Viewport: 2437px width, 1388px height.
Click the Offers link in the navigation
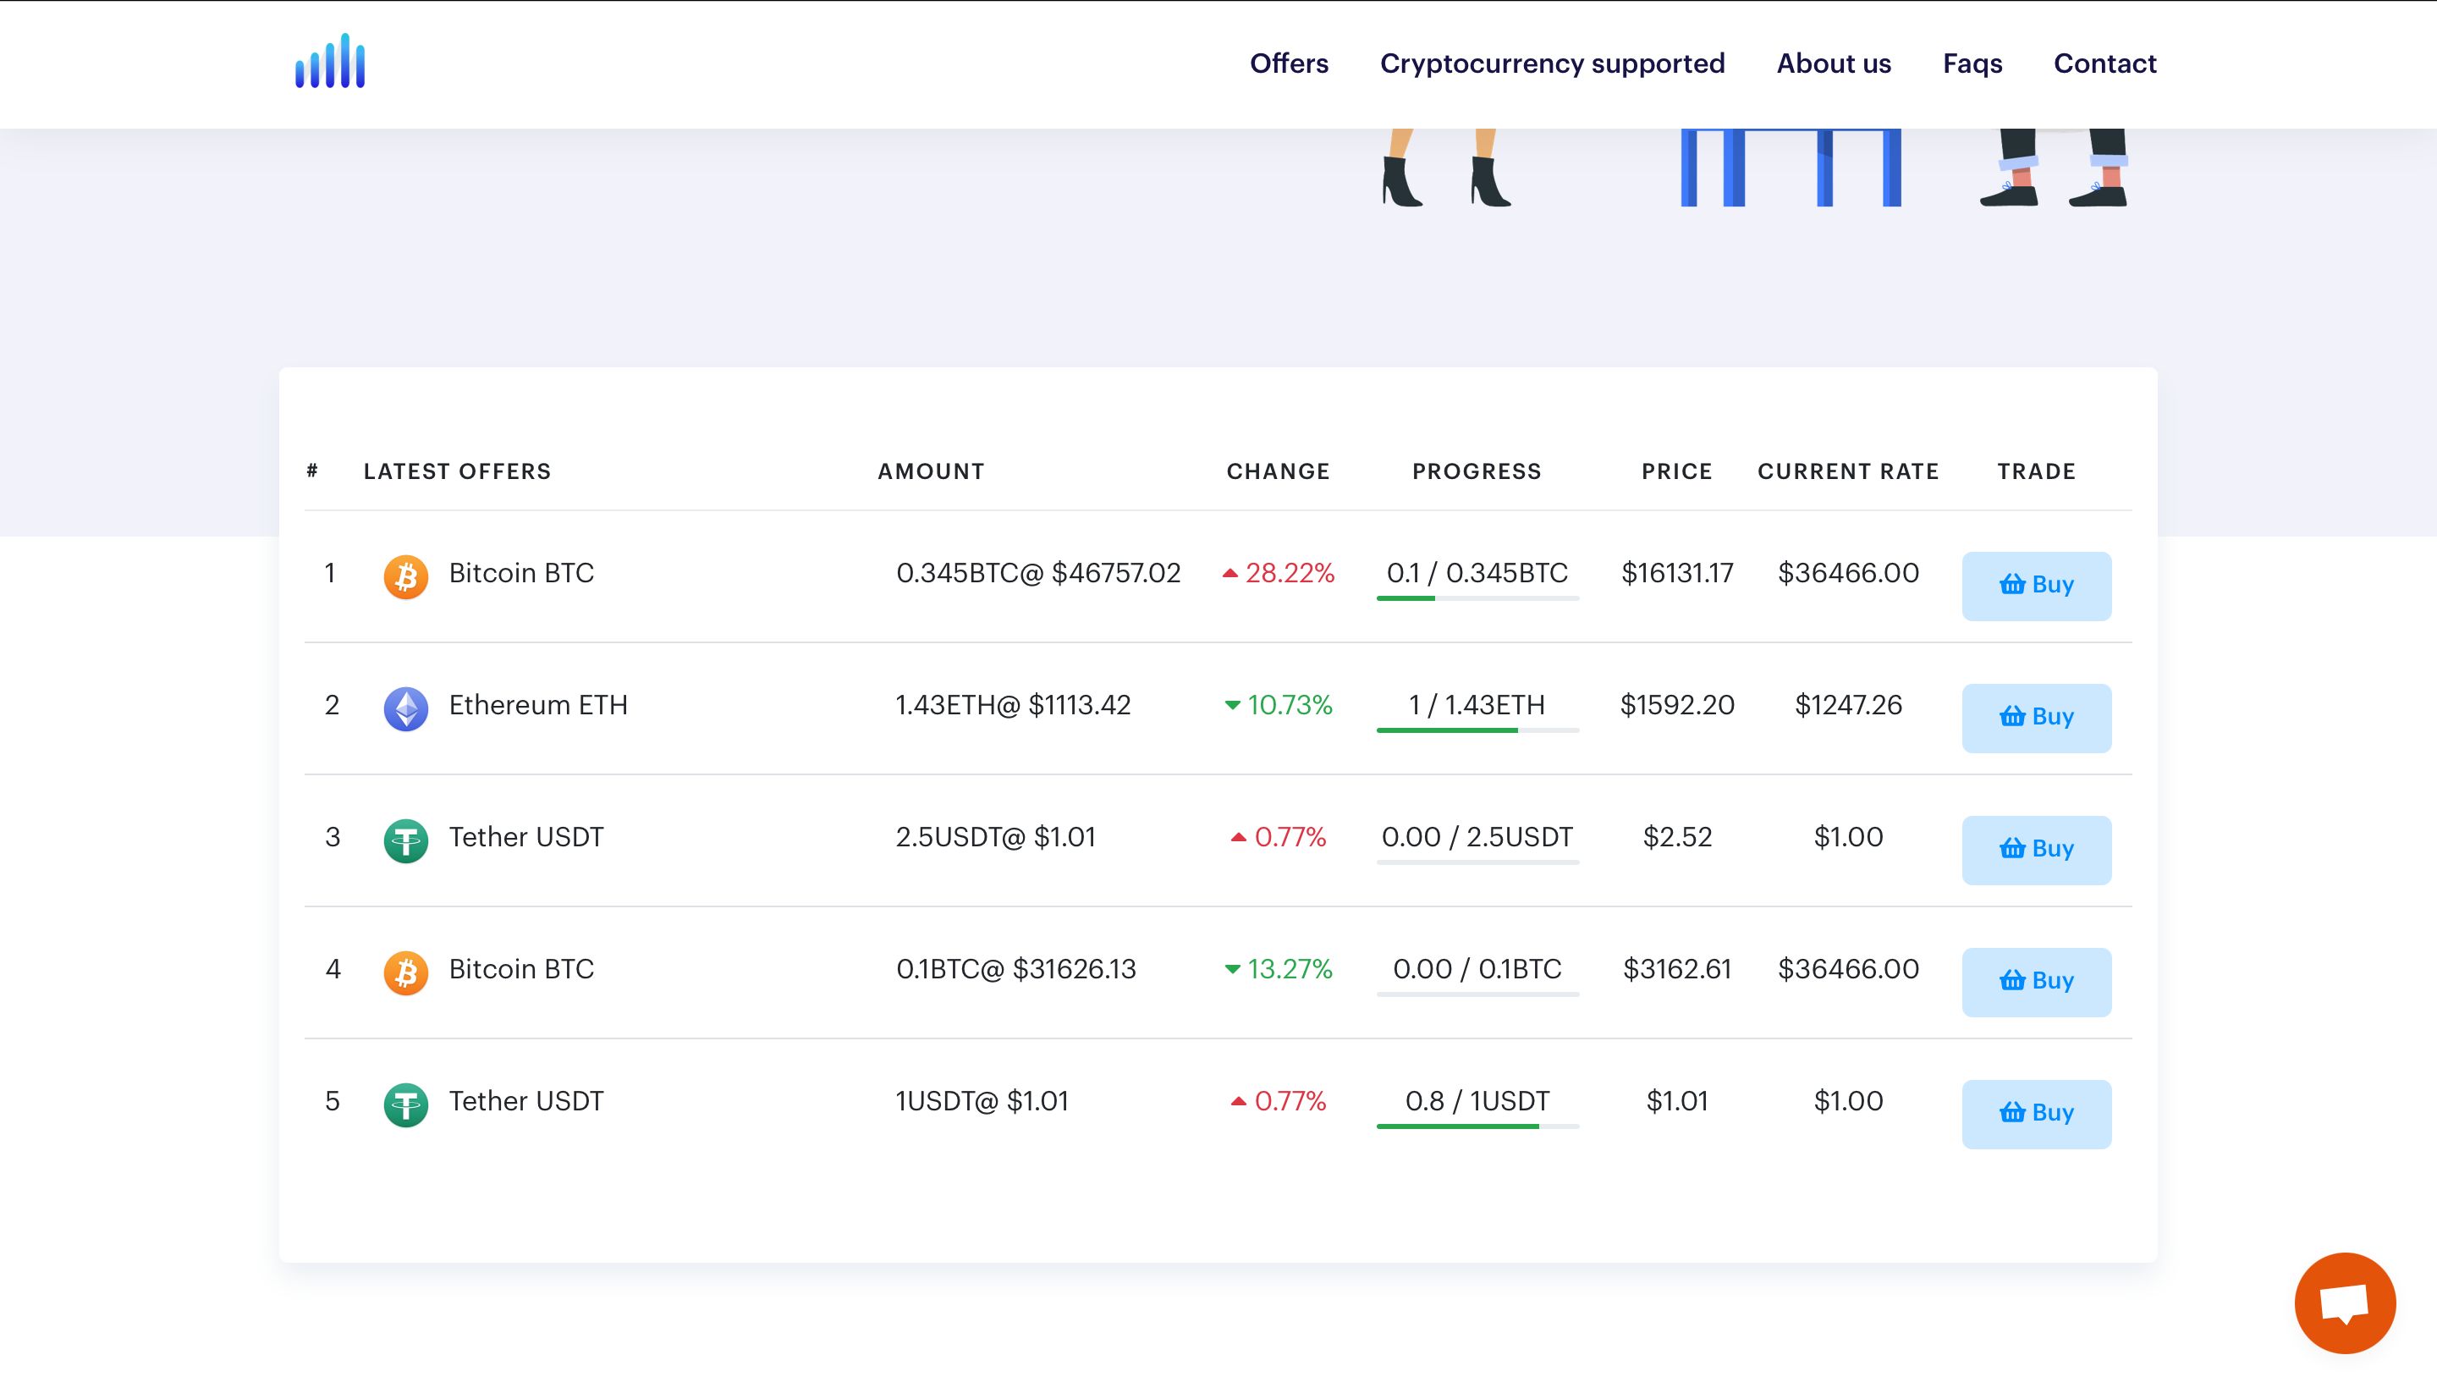(1289, 63)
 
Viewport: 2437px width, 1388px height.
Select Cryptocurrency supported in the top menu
(1552, 63)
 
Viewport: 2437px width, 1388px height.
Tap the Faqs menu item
(1972, 63)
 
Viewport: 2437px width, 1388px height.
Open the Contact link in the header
(2104, 63)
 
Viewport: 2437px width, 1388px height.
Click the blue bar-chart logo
(330, 62)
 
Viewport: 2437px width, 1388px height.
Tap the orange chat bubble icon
(2344, 1303)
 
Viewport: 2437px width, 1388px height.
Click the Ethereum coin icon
(406, 708)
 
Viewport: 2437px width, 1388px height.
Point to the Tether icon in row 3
(406, 840)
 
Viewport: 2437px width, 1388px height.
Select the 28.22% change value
(1289, 573)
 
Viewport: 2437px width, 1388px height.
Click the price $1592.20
(1676, 706)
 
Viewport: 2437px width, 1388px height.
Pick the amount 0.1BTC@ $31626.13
(1016, 970)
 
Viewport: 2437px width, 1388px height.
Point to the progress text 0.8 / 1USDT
(1477, 1101)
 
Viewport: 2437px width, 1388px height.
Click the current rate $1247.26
(1848, 706)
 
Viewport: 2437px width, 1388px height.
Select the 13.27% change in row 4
(1289, 970)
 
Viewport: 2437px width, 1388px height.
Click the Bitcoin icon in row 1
(406, 576)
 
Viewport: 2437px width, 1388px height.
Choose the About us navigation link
(1833, 63)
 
